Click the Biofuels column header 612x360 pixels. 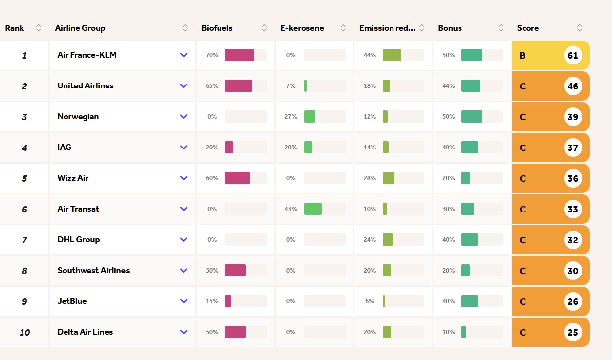(217, 28)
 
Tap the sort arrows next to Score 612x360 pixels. (580, 28)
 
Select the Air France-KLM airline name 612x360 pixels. (87, 55)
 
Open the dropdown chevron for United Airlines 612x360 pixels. (184, 86)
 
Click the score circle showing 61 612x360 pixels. (573, 56)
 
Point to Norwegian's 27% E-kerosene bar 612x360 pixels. (309, 117)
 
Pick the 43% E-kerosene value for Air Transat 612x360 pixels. (291, 209)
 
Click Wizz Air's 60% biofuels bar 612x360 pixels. (237, 178)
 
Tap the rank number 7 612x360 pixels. (24, 240)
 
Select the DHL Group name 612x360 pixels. (79, 240)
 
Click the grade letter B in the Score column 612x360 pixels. (523, 56)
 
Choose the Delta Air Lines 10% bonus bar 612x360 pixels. (463, 332)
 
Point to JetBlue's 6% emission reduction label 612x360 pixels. (370, 301)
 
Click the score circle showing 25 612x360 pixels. (573, 333)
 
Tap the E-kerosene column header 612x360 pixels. (302, 28)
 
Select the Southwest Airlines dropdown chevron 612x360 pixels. (184, 271)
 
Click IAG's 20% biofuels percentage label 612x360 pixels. (212, 148)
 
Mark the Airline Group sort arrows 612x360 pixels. (185, 28)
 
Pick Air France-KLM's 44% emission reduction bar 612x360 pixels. (392, 55)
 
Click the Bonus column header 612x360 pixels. (450, 28)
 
